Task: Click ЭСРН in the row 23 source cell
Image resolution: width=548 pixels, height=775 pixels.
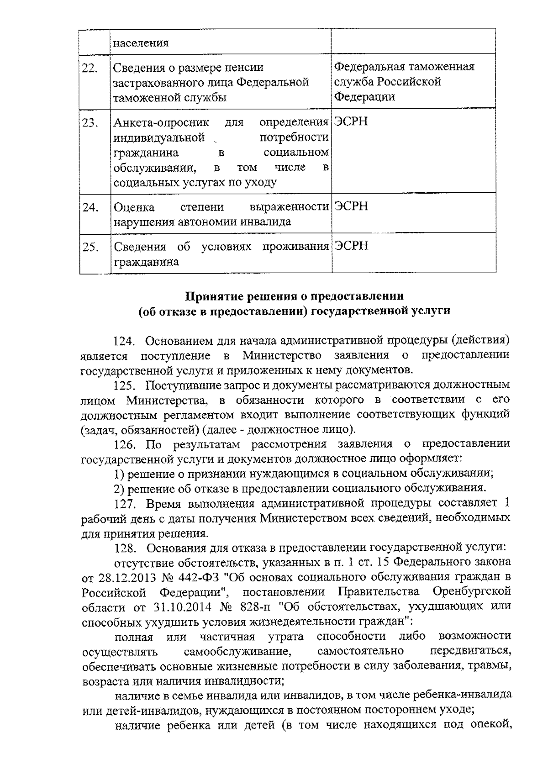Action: click(351, 122)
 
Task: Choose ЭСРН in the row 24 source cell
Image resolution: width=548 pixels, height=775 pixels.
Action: click(351, 206)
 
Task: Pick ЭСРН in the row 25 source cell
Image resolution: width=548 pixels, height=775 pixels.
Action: click(351, 246)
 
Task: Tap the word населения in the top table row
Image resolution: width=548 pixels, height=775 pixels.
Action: click(141, 43)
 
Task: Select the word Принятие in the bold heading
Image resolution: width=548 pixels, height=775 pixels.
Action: click(213, 296)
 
